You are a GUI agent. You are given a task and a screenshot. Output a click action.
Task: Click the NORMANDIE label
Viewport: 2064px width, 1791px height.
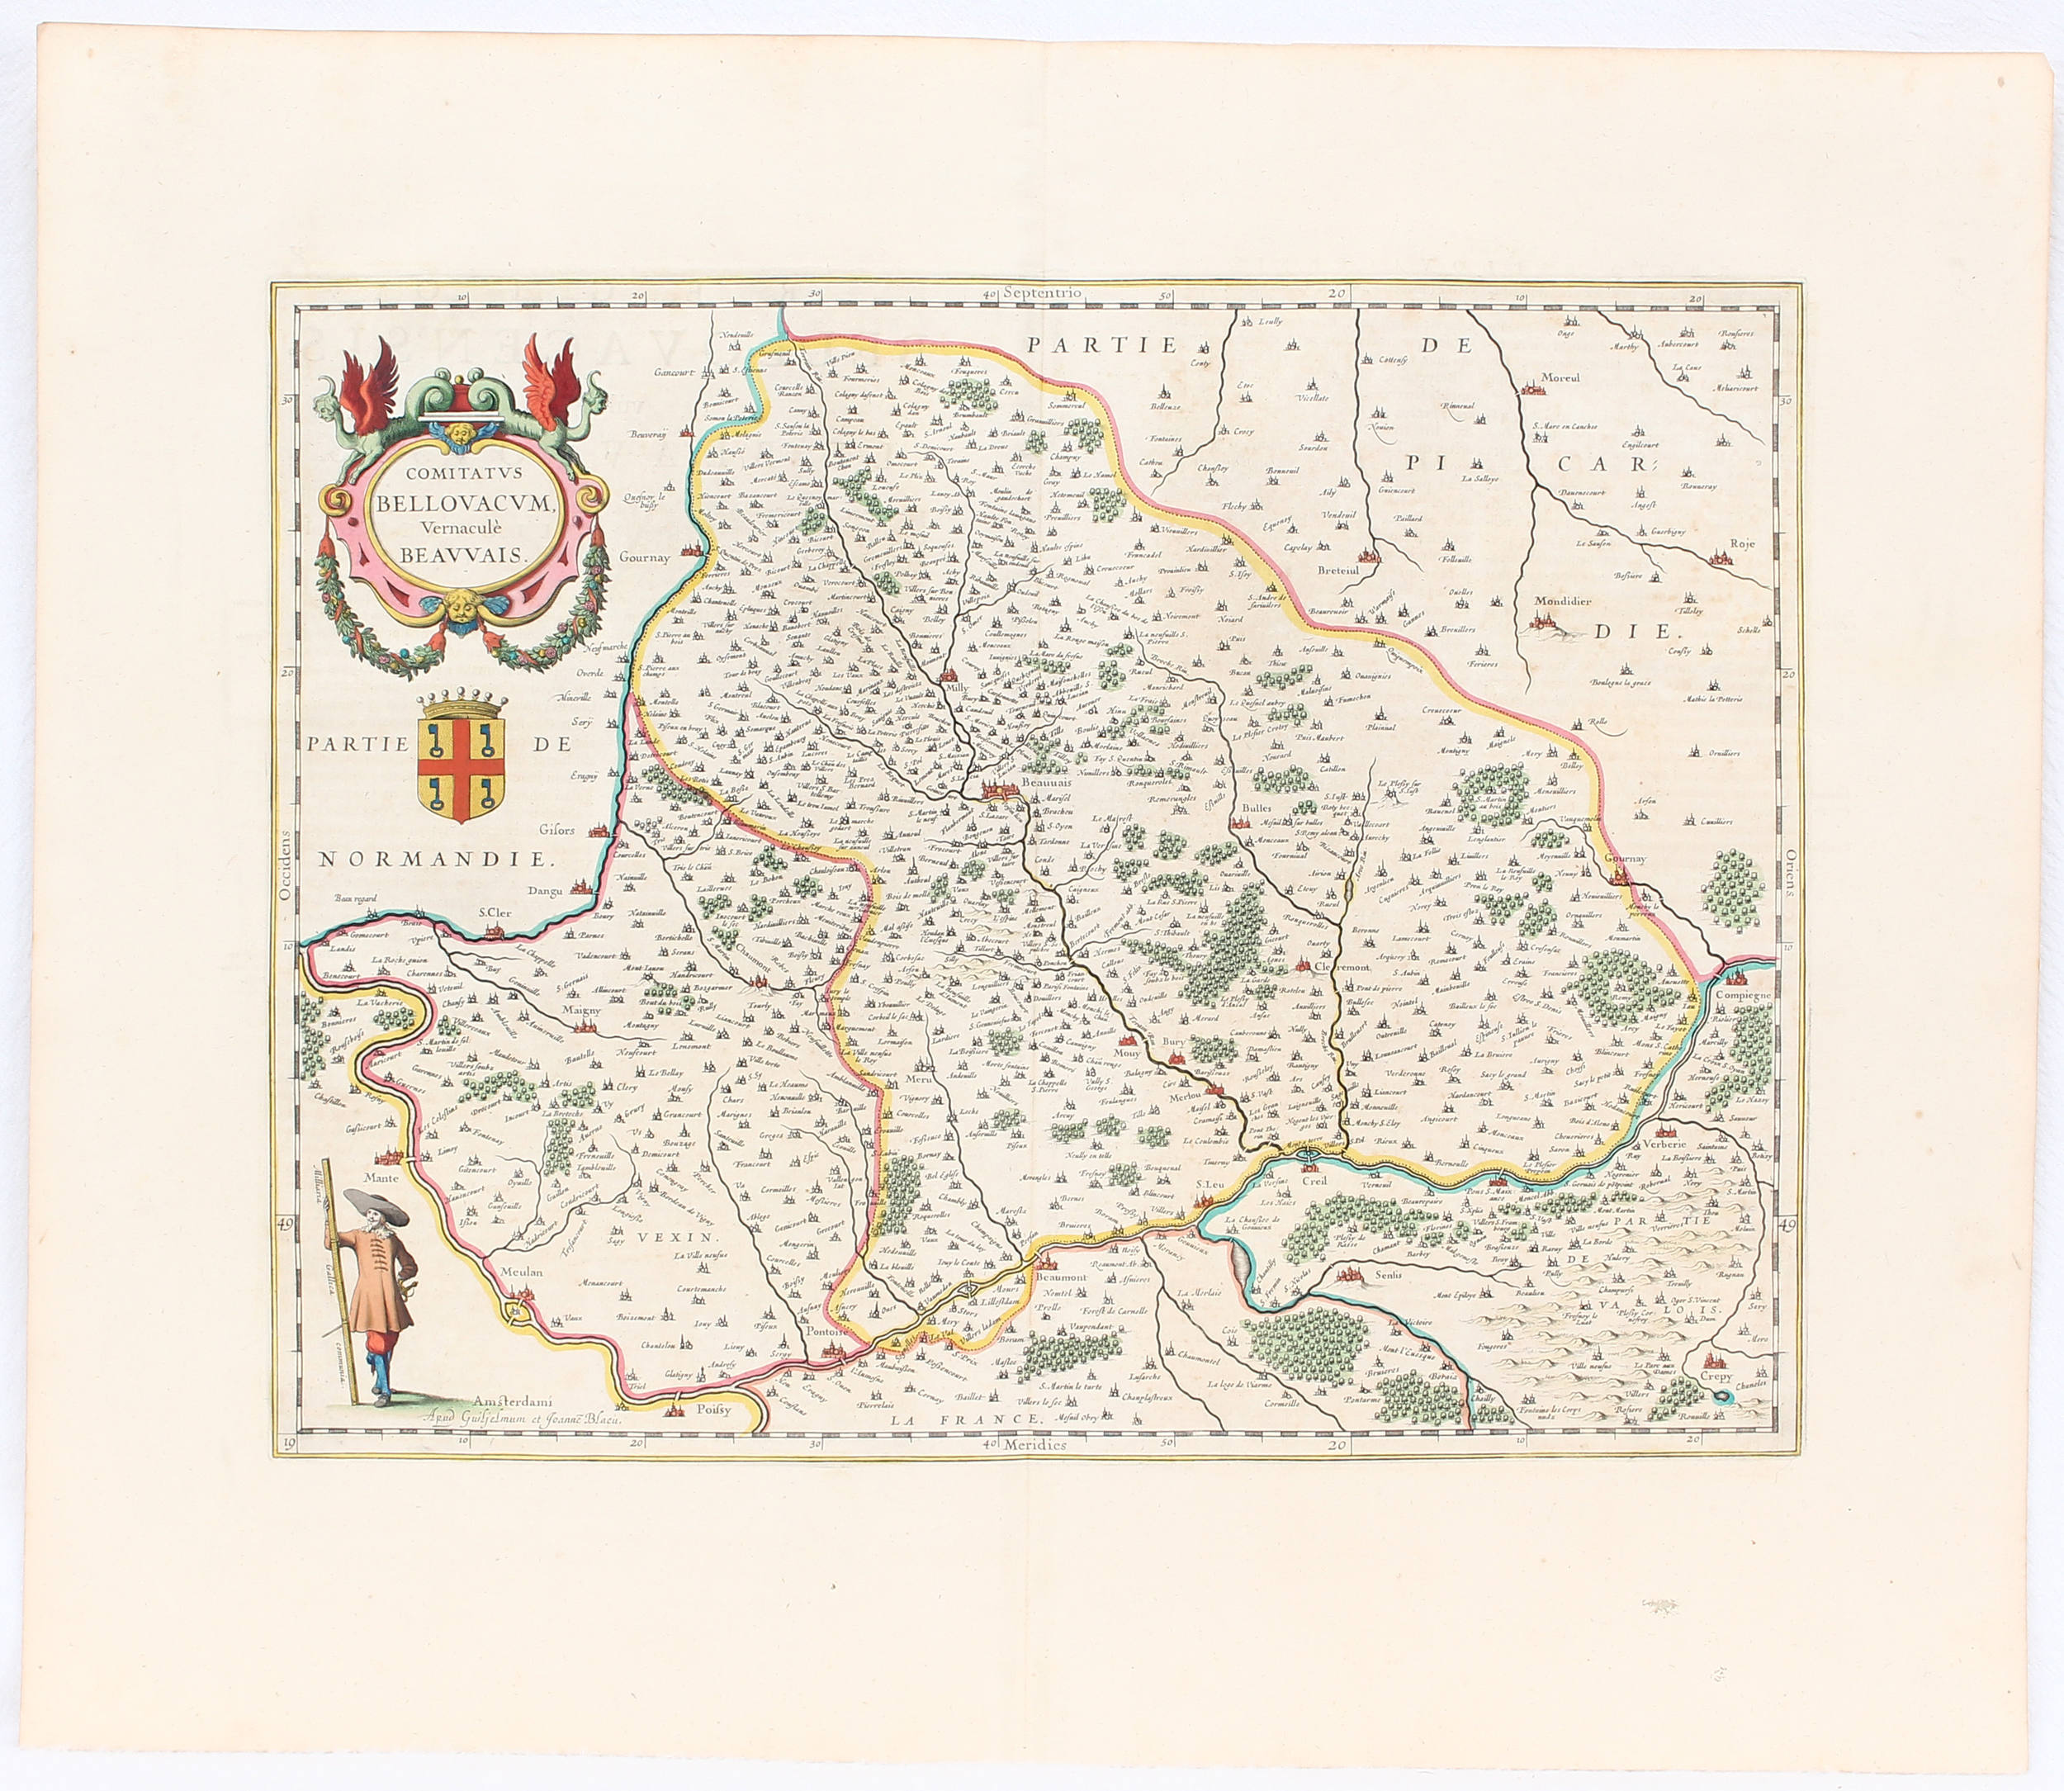tap(433, 860)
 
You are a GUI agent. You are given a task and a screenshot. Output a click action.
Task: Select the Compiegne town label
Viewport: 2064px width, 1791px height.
tap(1744, 996)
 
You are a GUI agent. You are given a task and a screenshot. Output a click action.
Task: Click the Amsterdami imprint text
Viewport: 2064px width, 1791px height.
tap(517, 1402)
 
